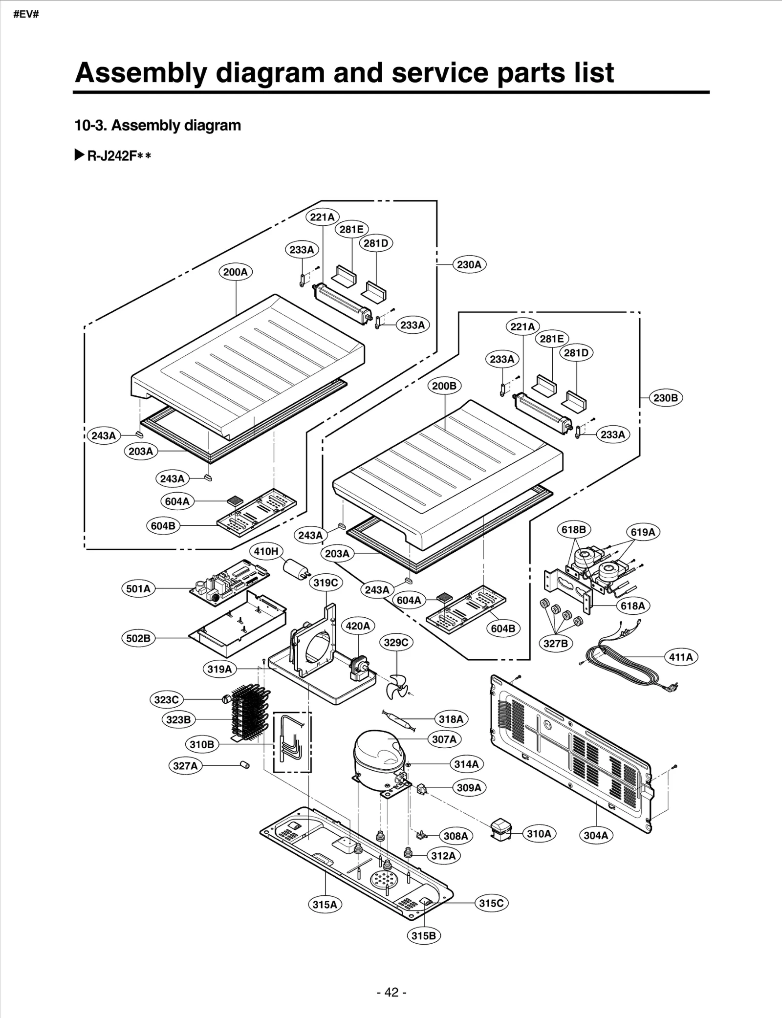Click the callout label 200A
point(235,272)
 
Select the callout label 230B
point(665,398)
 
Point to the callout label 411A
point(681,657)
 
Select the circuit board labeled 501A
point(229,582)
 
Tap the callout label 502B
point(138,638)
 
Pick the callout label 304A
point(596,835)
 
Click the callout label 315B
point(423,935)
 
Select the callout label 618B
point(573,529)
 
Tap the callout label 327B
point(556,643)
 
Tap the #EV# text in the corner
point(26,14)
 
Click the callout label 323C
point(166,700)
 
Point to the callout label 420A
point(358,626)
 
